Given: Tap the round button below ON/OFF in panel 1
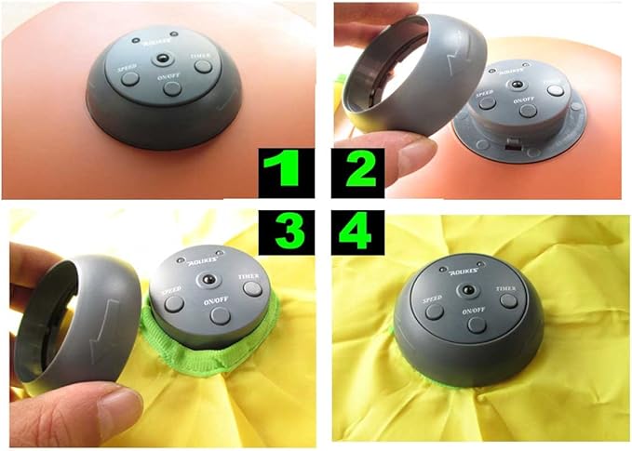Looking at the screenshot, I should pos(173,89).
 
